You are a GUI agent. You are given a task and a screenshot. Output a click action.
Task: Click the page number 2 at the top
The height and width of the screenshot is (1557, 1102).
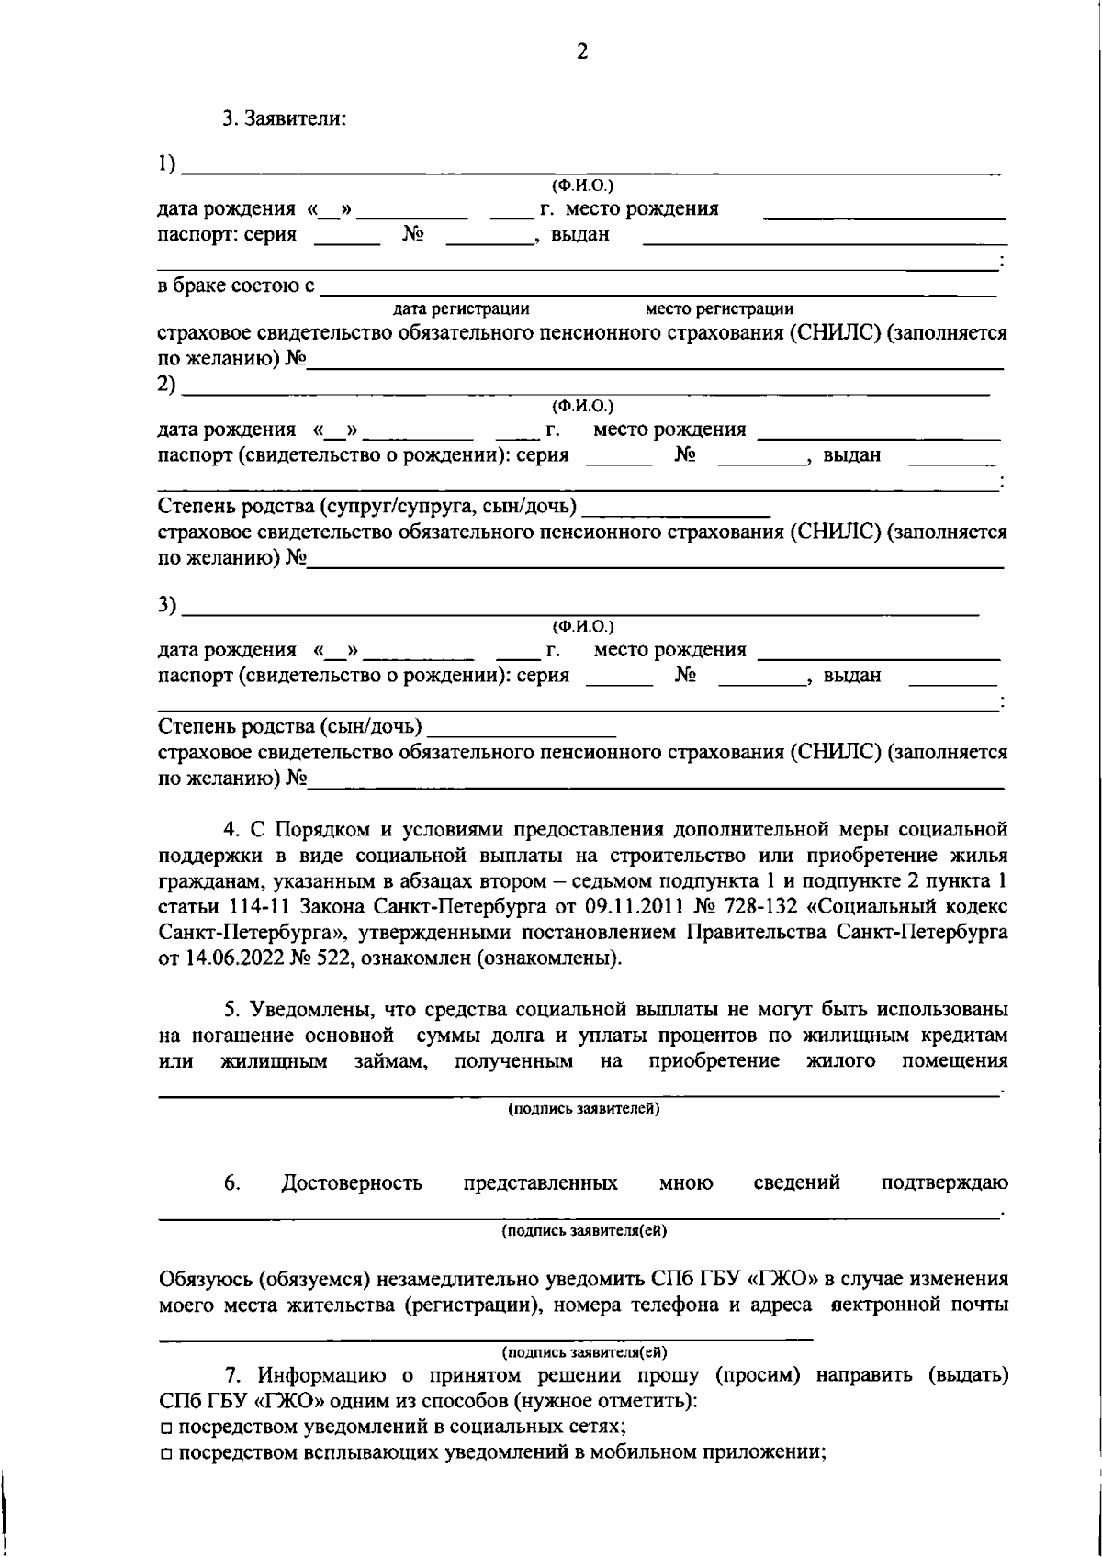pyautogui.click(x=581, y=51)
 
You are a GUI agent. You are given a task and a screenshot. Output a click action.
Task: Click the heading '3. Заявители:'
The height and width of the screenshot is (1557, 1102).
pyautogui.click(x=284, y=119)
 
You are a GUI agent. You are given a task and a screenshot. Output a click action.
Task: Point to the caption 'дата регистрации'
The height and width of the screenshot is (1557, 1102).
pyautogui.click(x=460, y=308)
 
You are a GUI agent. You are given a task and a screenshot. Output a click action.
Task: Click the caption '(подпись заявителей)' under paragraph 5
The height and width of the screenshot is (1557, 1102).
pyautogui.click(x=584, y=1108)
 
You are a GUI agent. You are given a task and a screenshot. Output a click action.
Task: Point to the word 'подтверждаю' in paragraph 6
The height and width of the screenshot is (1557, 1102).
pyautogui.click(x=945, y=1183)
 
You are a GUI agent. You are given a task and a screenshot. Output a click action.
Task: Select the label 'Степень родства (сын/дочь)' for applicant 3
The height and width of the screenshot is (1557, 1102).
pyautogui.click(x=290, y=727)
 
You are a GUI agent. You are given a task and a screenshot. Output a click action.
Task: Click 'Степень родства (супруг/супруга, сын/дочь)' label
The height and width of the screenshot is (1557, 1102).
pyautogui.click(x=367, y=506)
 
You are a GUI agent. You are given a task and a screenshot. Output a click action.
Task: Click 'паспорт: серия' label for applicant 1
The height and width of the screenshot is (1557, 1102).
pyautogui.click(x=227, y=234)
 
